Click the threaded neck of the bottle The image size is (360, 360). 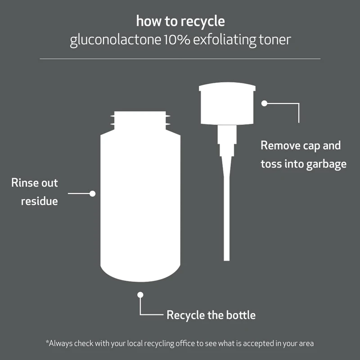[140, 119]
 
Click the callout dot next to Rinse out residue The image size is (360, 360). [93, 193]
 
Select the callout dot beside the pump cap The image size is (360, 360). [265, 103]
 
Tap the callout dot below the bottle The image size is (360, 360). [140, 295]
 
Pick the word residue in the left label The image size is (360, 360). [40, 201]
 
